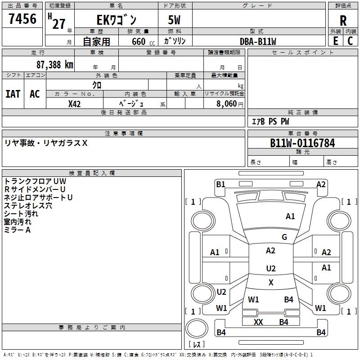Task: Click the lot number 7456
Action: pyautogui.click(x=22, y=19)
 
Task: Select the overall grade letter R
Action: pyautogui.click(x=343, y=20)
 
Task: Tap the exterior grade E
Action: pyautogui.click(x=335, y=40)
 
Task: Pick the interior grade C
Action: pyautogui.click(x=350, y=40)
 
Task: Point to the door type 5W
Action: pyautogui.click(x=175, y=20)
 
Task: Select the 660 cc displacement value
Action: pyautogui.click(x=139, y=41)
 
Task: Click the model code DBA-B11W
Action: pyautogui.click(x=258, y=41)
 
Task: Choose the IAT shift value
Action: pyautogui.click(x=13, y=94)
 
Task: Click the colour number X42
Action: pyautogui.click(x=75, y=103)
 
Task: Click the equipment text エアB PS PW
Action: pyautogui.click(x=270, y=121)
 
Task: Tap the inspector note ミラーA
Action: pyautogui.click(x=17, y=230)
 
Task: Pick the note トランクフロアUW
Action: pyautogui.click(x=35, y=181)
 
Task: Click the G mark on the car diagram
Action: pyautogui.click(x=284, y=237)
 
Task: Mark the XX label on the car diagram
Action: pyautogui.click(x=258, y=322)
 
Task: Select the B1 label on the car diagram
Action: pyautogui.click(x=220, y=184)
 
